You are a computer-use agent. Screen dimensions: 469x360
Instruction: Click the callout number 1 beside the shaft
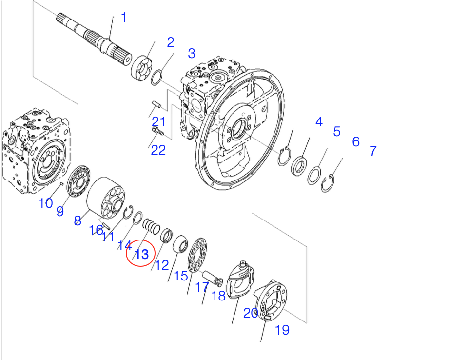click(124, 18)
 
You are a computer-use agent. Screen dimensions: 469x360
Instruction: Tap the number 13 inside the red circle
click(141, 254)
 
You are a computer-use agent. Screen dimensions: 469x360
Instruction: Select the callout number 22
click(158, 150)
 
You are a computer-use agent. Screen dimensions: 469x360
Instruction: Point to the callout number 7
click(372, 151)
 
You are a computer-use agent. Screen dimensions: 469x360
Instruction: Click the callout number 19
click(282, 330)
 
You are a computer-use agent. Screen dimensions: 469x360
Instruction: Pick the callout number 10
click(45, 203)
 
